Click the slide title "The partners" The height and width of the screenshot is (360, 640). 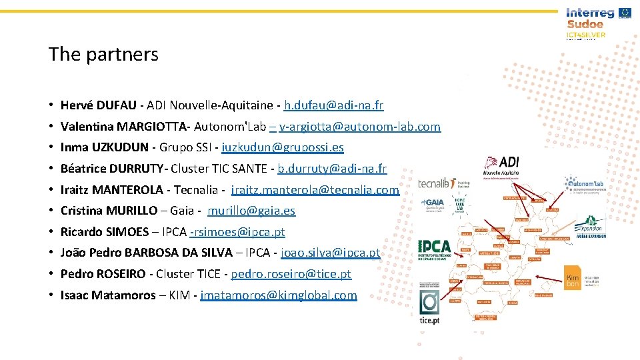pos(103,54)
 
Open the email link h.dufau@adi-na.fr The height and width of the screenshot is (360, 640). pos(333,105)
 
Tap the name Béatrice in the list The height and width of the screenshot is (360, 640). pos(83,169)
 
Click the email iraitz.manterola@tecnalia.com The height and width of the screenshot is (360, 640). pos(315,190)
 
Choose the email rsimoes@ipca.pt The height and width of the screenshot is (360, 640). pos(238,232)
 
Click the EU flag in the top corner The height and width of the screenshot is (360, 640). pos(625,12)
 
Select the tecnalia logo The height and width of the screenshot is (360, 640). pos(437,183)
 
